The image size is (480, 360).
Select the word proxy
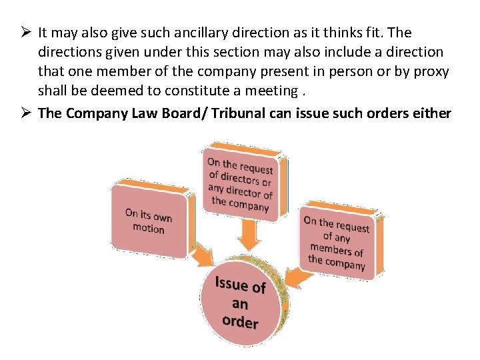click(x=431, y=71)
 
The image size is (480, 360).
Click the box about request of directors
click(x=240, y=183)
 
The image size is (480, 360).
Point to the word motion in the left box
click(x=148, y=229)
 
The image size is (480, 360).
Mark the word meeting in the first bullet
click(x=271, y=91)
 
